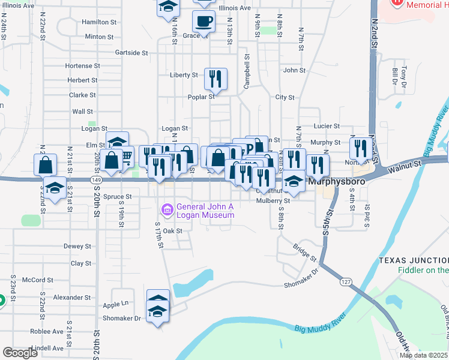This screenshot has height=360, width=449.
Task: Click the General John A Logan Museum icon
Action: (x=167, y=210)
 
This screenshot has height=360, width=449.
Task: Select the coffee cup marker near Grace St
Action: (x=203, y=22)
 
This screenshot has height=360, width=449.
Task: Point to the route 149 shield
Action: (x=96, y=178)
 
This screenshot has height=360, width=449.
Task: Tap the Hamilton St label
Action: (x=99, y=22)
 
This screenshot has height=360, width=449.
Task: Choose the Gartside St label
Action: (x=131, y=53)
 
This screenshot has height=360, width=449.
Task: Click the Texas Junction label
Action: (x=414, y=260)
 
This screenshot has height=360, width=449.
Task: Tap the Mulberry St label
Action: (x=273, y=201)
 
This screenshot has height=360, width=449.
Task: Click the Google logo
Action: (x=20, y=353)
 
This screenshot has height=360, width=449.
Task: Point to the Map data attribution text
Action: (x=424, y=355)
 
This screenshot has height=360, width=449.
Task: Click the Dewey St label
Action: (x=77, y=246)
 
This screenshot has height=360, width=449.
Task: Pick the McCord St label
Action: (x=38, y=280)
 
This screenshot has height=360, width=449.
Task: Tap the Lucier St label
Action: (x=327, y=127)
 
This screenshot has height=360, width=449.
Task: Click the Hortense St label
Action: (x=82, y=65)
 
